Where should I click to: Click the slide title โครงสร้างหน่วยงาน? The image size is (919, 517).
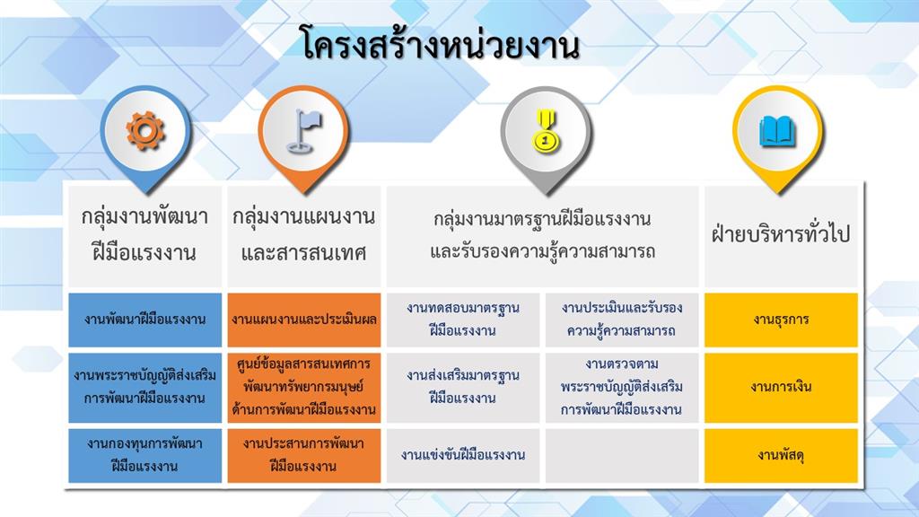439,43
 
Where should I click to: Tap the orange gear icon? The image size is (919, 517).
145,130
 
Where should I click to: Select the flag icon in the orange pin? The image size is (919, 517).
304,130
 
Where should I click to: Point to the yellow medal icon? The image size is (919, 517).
546,131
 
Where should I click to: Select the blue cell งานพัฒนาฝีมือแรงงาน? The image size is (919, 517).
145,320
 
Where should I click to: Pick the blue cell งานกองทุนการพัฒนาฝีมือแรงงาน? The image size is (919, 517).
145,455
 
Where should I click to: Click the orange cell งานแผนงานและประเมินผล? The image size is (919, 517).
304,320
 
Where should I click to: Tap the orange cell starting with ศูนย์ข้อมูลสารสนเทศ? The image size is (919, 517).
304,388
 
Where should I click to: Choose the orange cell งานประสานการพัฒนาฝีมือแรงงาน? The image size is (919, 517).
304,455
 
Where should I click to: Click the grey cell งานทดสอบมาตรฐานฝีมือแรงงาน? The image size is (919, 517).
463,320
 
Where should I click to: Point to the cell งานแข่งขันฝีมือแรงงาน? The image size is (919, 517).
463,455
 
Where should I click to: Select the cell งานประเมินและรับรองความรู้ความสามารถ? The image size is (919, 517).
622,320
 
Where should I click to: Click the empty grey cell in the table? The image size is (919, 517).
622,455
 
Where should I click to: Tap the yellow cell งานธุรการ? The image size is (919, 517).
781,320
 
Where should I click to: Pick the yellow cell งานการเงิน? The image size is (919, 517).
781,388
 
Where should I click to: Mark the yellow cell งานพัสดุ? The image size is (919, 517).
781,455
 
